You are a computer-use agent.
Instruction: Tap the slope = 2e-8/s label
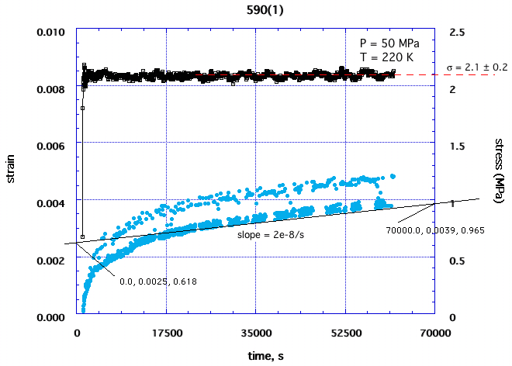tap(263, 233)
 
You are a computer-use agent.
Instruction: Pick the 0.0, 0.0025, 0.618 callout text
tap(157, 281)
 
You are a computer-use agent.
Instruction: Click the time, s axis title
tap(255, 355)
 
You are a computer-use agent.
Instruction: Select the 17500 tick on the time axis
tap(166, 333)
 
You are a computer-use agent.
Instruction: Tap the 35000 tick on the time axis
tap(256, 333)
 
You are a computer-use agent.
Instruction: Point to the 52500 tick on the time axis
tap(345, 333)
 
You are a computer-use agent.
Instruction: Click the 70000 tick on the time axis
tap(434, 333)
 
